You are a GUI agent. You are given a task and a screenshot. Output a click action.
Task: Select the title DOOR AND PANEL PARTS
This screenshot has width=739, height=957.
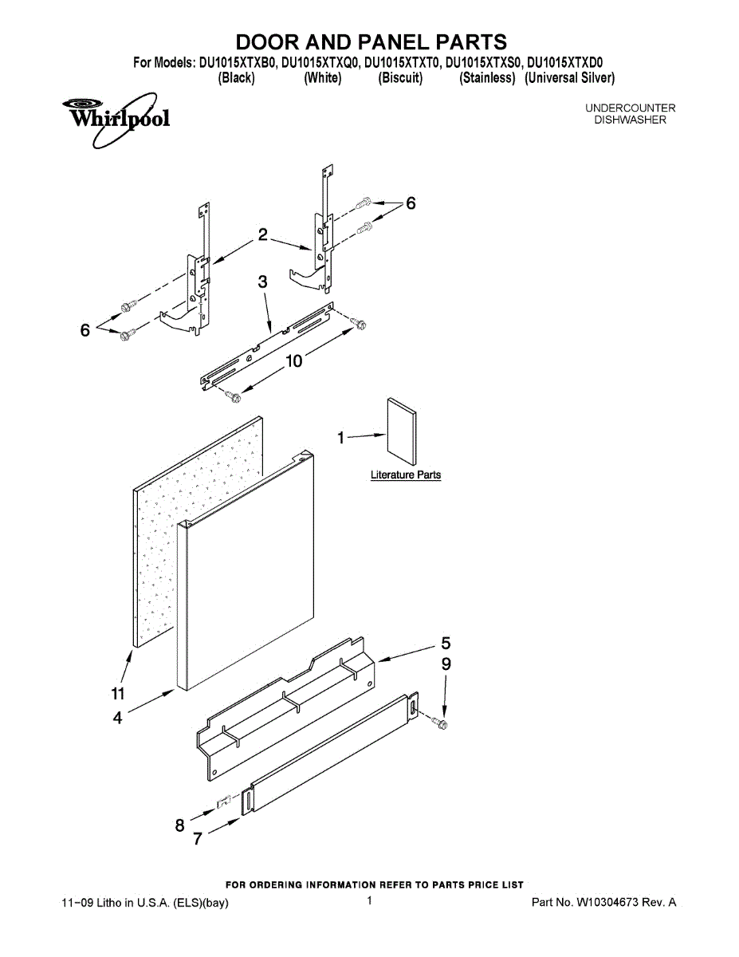(x=371, y=42)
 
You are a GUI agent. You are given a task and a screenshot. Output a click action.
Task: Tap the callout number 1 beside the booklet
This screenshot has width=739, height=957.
(x=340, y=437)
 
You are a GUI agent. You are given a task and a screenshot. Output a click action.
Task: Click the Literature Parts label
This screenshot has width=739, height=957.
(x=405, y=475)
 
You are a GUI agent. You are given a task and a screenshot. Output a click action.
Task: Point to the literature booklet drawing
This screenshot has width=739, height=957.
(x=401, y=431)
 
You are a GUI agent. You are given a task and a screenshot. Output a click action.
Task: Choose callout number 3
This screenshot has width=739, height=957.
(x=262, y=282)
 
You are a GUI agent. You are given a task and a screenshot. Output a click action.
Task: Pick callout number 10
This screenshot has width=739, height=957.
(x=294, y=360)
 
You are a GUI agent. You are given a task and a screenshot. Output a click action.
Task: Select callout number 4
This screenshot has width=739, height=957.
(x=118, y=718)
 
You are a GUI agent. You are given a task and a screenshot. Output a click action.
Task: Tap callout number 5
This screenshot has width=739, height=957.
(x=446, y=642)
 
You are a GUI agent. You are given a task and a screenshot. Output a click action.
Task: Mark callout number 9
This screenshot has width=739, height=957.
(x=446, y=664)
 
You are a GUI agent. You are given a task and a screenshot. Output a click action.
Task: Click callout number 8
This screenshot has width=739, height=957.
(x=180, y=825)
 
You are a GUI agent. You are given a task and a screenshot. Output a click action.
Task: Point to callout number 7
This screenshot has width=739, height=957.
(x=197, y=839)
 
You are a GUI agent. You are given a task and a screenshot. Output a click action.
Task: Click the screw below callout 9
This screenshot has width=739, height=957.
(x=440, y=723)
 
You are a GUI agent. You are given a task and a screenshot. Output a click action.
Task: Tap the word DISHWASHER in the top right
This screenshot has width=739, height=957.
(x=630, y=120)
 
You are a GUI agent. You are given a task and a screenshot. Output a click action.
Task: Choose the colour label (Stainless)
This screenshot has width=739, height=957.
(x=487, y=78)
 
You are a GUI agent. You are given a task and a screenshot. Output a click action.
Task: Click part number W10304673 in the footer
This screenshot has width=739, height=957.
(x=605, y=903)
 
